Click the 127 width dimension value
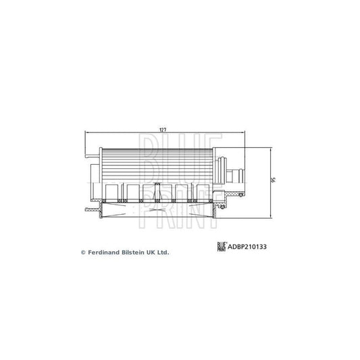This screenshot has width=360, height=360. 163,130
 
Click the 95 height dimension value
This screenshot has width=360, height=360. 273,180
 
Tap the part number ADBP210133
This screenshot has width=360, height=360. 247,247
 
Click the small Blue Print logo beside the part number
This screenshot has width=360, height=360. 222,247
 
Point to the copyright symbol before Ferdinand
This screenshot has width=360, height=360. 83,253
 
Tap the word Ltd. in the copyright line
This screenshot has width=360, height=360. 163,253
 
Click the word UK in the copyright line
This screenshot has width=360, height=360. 151,253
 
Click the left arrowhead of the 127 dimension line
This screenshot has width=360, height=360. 86,132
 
